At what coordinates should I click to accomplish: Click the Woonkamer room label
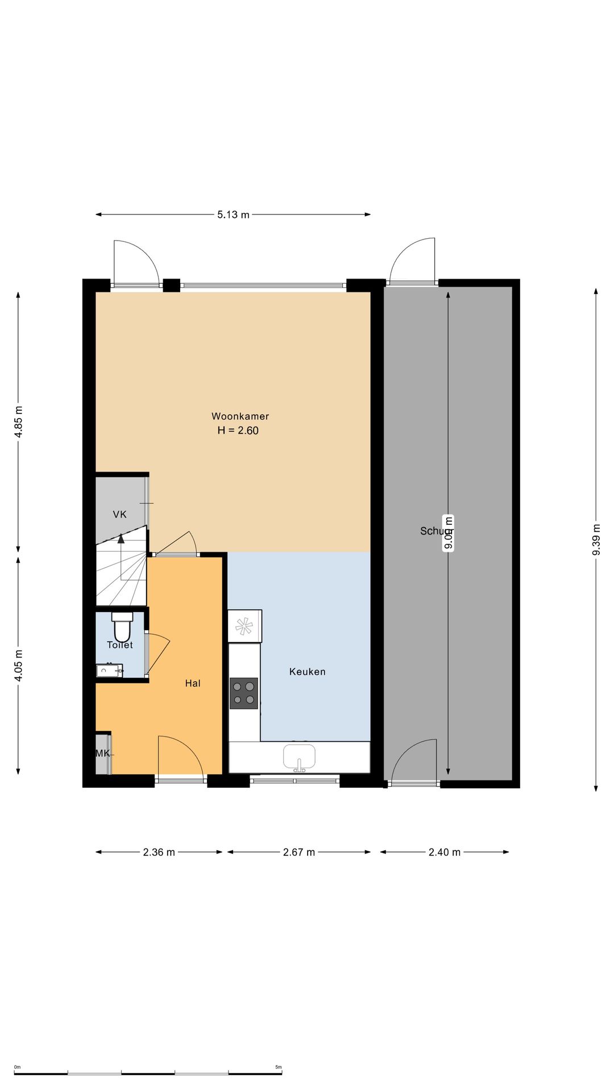pos(240,416)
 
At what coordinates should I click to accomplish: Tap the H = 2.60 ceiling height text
pos(238,431)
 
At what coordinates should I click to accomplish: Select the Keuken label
pos(307,672)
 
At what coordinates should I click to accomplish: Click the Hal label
pos(193,684)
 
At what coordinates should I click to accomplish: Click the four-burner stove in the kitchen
pos(243,693)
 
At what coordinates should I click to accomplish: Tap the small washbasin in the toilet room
pos(109,671)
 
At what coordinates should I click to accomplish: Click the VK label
pos(119,515)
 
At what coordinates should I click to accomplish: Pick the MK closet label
pos(102,754)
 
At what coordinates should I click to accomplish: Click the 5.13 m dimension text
pos(233,215)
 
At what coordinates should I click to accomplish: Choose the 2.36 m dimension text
pos(159,853)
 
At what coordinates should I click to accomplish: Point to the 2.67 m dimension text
pos(299,853)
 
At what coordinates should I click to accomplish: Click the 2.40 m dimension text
pos(445,853)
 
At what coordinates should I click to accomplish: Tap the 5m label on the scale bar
pos(279,1068)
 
